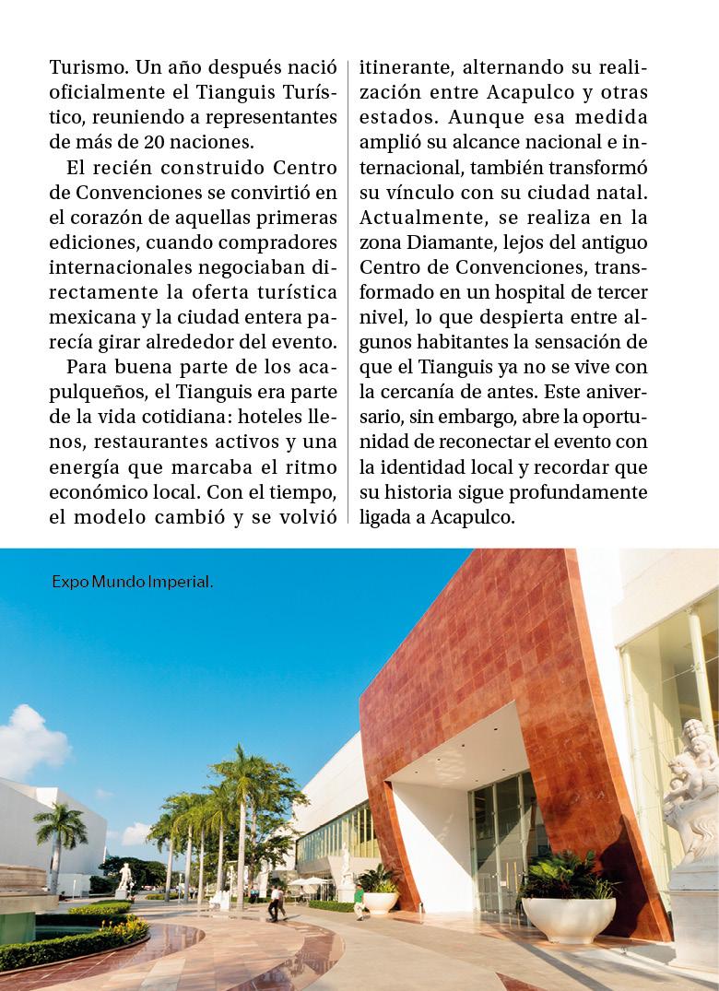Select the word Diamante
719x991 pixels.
(438, 243)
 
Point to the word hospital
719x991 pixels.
(548, 292)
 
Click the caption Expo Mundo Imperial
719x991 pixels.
(132, 583)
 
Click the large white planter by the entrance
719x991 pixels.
(569, 918)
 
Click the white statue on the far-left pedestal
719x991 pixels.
(124, 876)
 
